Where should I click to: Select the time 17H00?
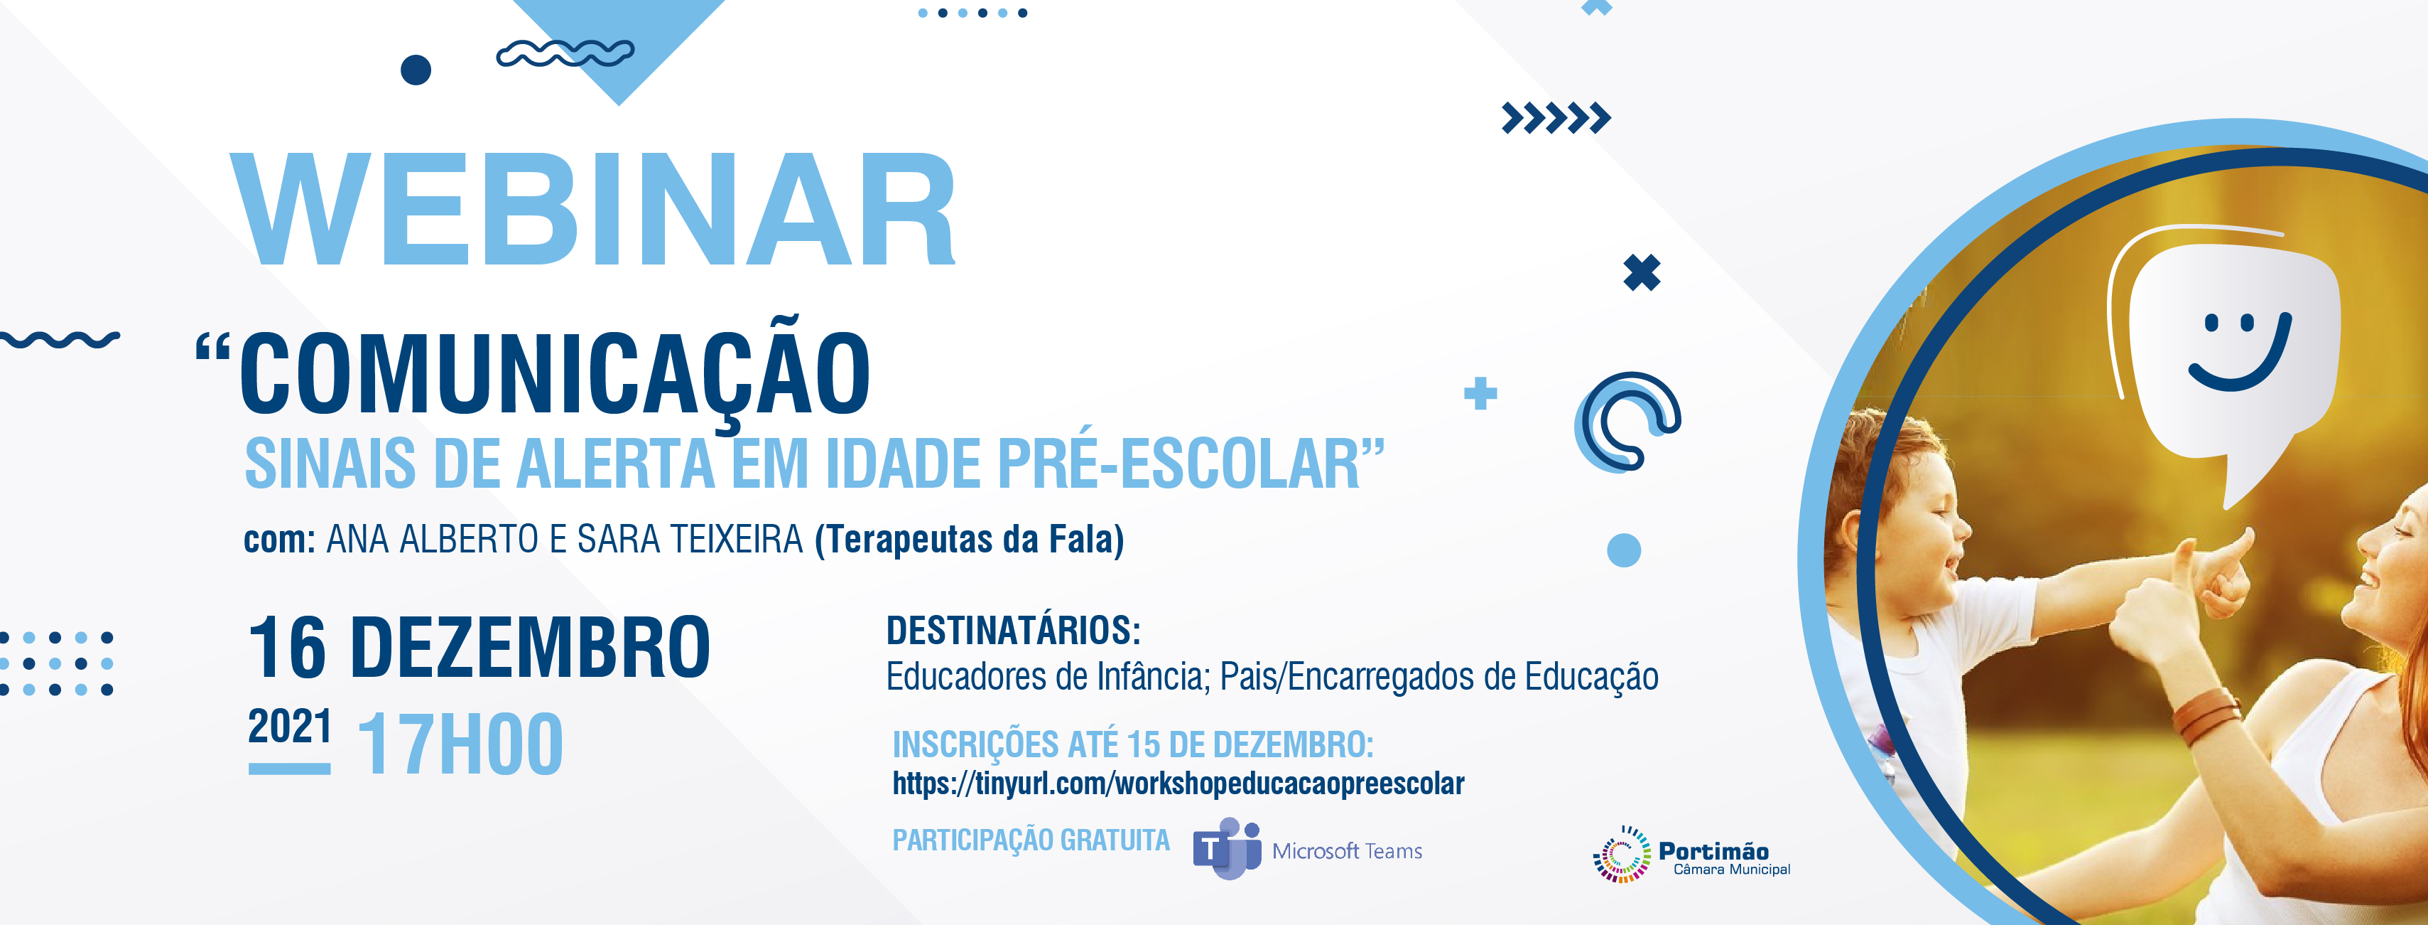click(x=461, y=744)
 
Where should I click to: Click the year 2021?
click(x=289, y=726)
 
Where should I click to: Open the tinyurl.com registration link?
click(x=1178, y=784)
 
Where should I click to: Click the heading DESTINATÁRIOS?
click(x=1013, y=631)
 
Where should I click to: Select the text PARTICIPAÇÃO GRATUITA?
click(x=1031, y=840)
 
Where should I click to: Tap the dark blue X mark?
click(x=1642, y=274)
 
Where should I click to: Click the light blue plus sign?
click(x=1480, y=393)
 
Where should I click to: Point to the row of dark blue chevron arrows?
click(x=1556, y=119)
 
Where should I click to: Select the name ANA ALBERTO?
click(x=433, y=540)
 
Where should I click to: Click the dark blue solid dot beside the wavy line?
click(x=416, y=70)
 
